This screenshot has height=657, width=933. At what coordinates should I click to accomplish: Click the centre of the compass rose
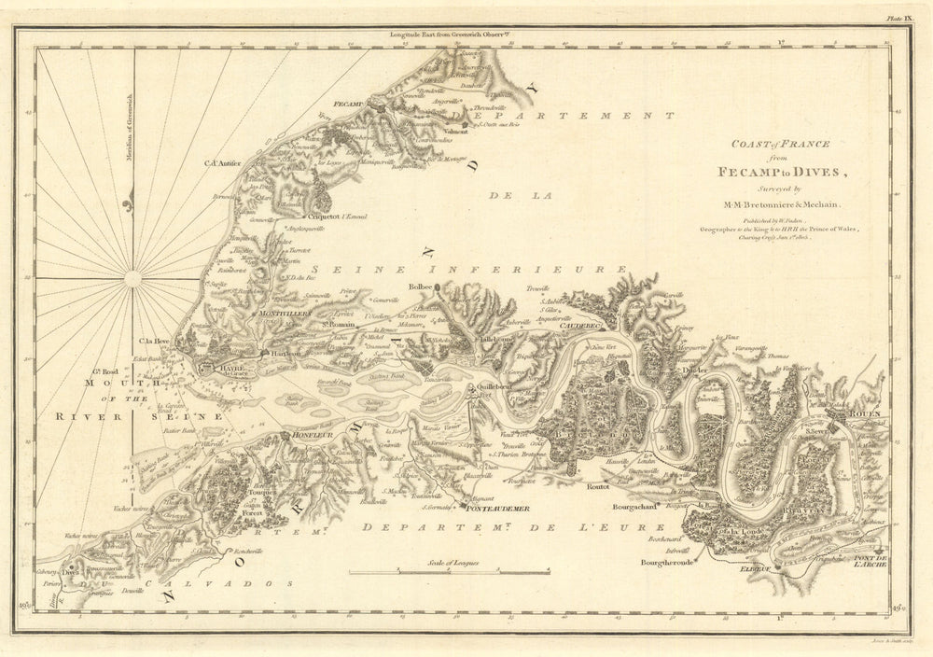[x=132, y=277]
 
